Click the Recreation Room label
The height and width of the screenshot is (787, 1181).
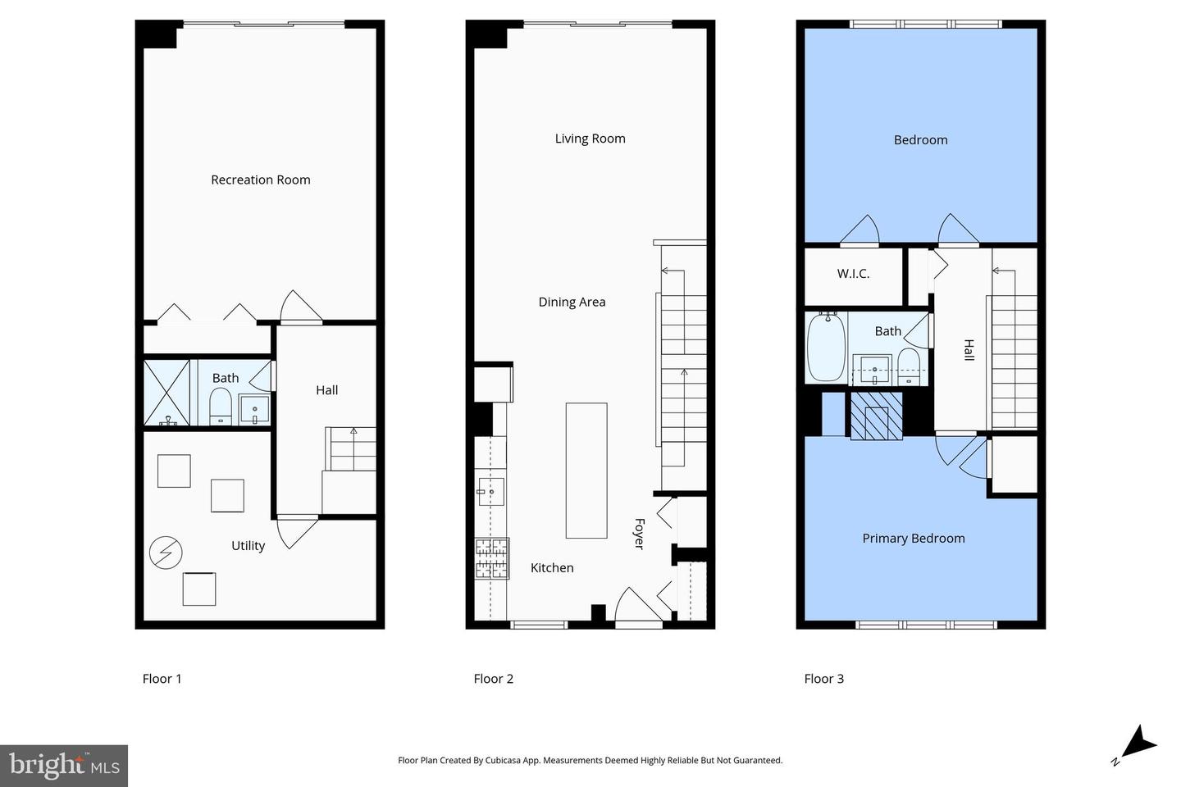(261, 180)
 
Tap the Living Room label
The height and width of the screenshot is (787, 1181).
(590, 139)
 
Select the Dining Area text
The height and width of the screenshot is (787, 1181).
(572, 302)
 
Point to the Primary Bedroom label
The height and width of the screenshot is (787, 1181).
(914, 539)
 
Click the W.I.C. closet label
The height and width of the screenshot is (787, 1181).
(853, 274)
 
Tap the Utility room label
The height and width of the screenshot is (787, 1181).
(248, 546)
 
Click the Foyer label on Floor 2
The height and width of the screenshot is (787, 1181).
(639, 534)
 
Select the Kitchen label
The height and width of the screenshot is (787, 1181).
(552, 568)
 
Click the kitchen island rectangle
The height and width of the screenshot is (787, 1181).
(586, 471)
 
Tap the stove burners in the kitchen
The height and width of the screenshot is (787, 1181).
(492, 558)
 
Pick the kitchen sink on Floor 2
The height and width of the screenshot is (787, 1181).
(490, 492)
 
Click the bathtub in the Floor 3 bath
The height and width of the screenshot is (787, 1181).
(826, 346)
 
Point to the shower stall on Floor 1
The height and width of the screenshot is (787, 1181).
(166, 393)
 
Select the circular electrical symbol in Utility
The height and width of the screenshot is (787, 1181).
(166, 553)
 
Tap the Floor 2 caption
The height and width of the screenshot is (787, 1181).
(493, 679)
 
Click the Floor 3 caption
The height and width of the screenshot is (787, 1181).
(823, 679)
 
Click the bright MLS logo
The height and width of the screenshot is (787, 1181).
(64, 766)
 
